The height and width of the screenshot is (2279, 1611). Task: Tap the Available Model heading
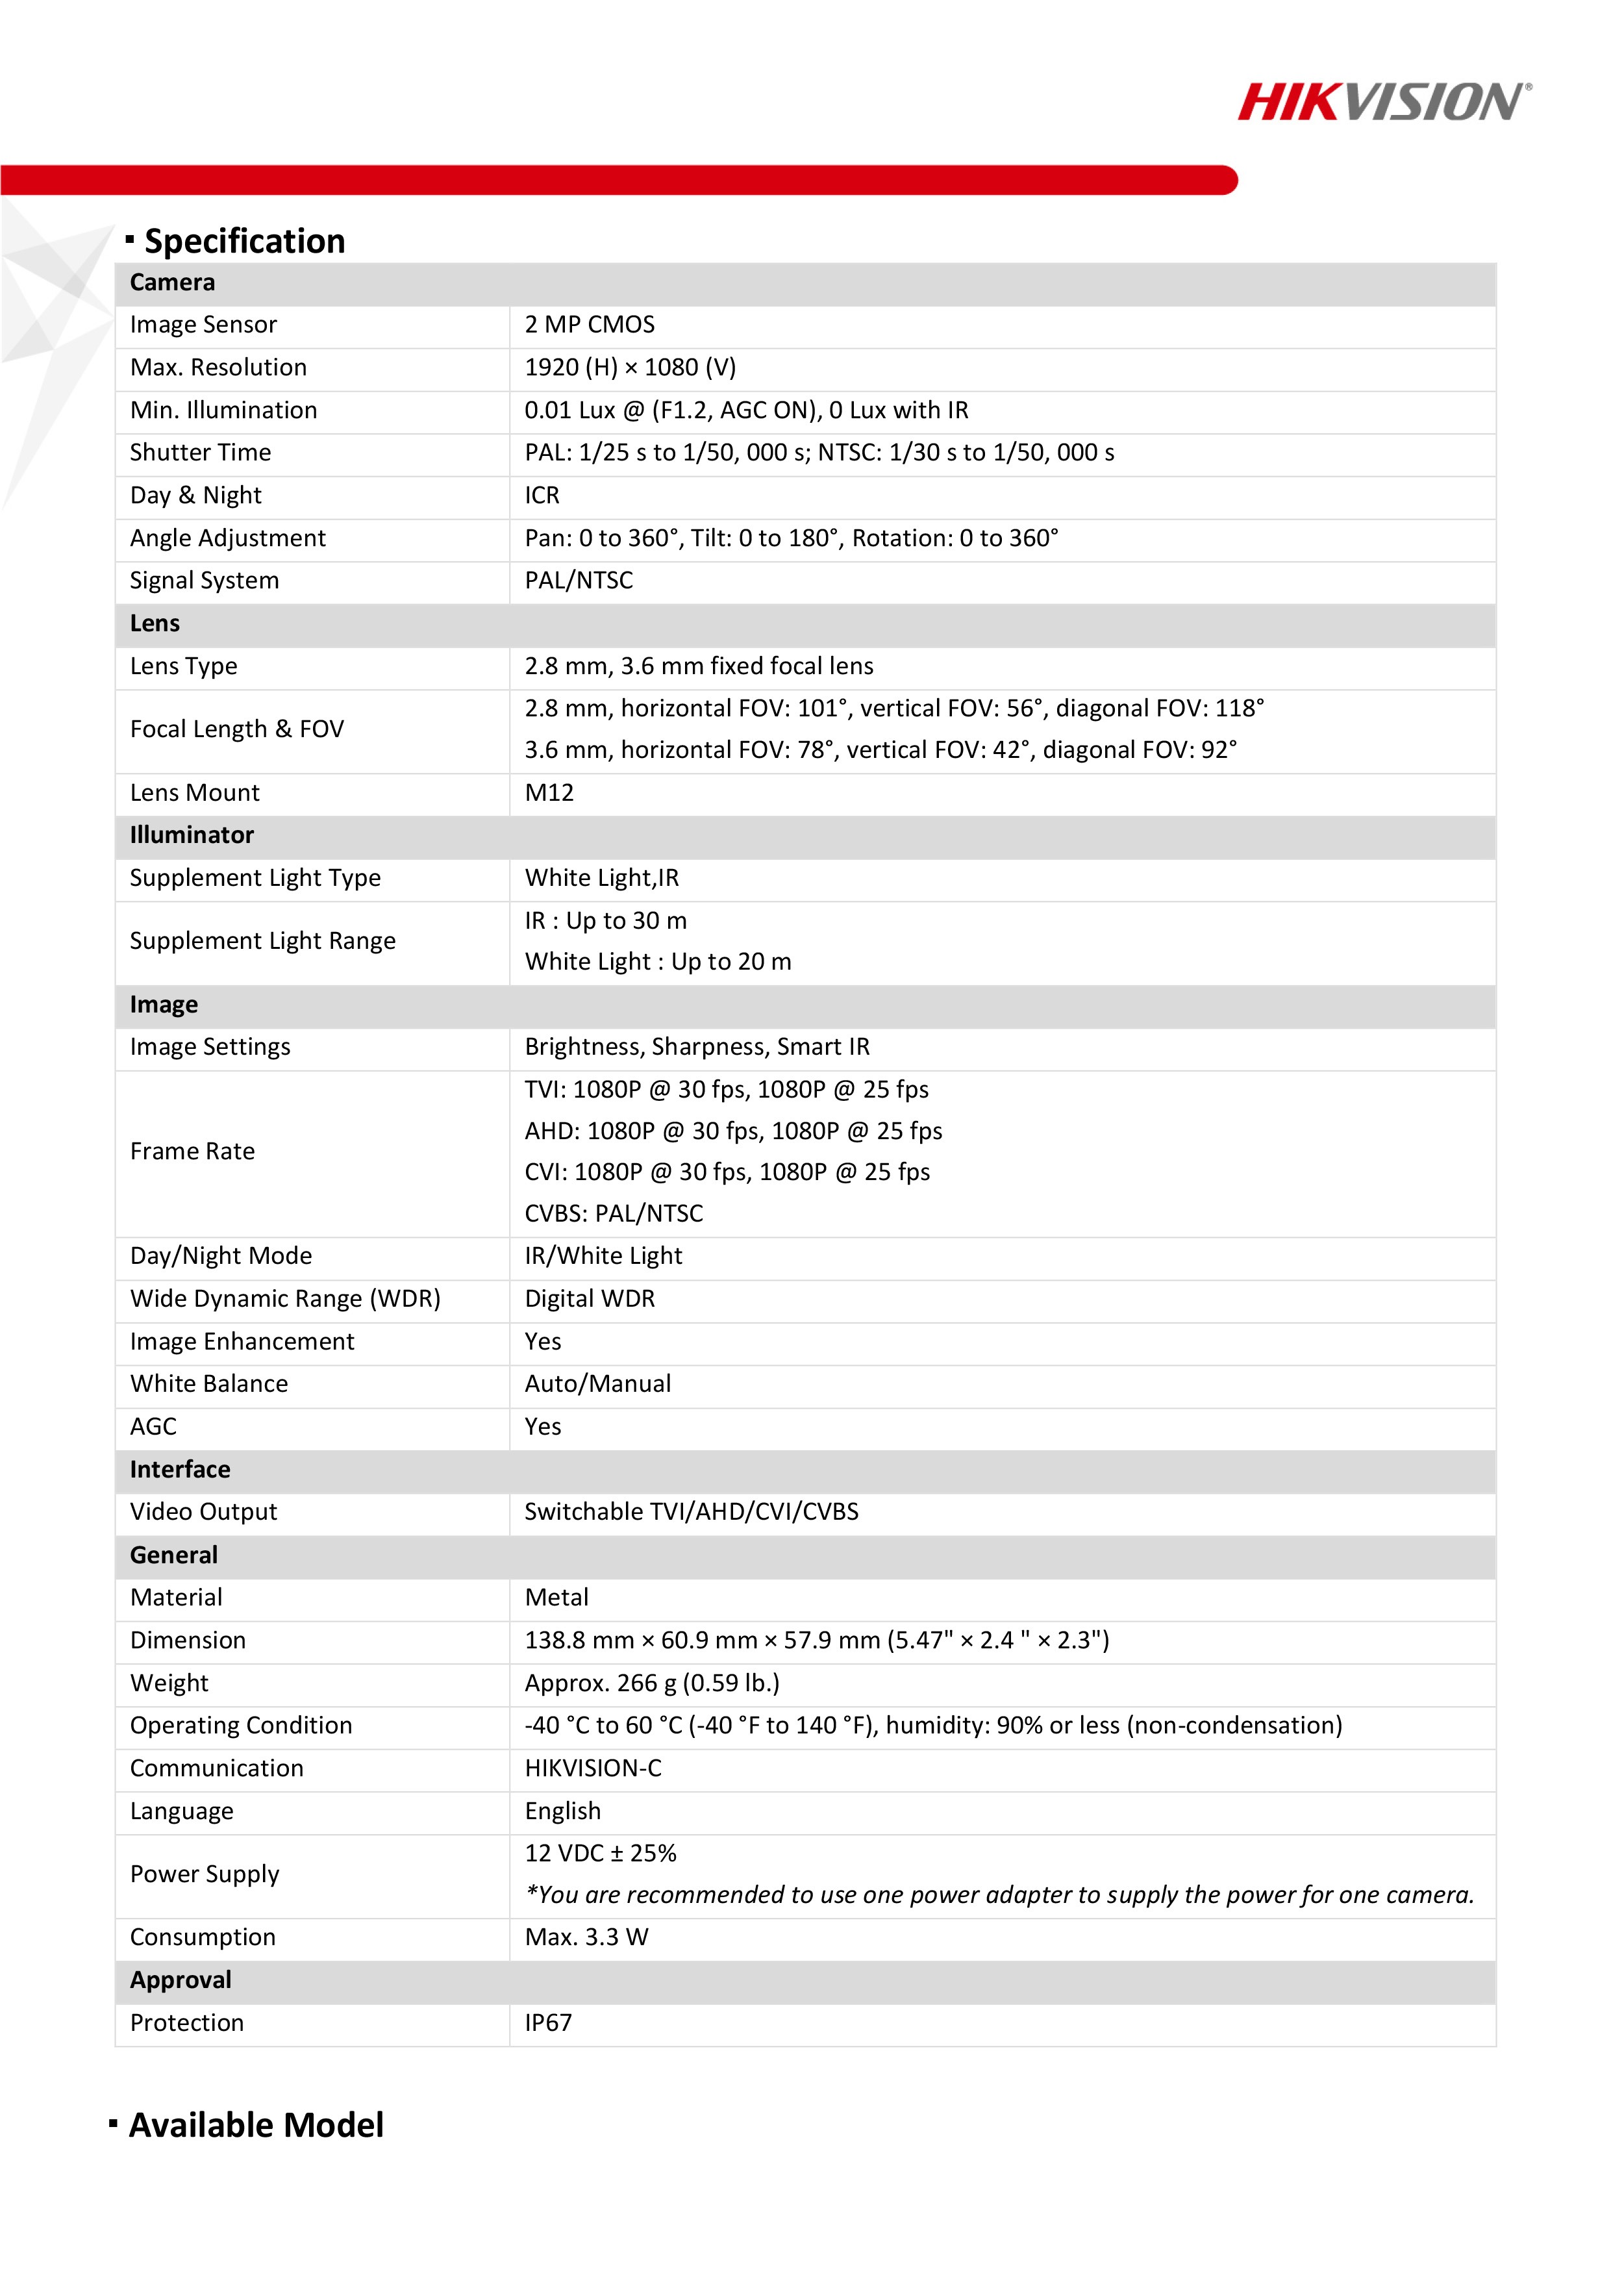(255, 2124)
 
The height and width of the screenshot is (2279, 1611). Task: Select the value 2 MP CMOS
(590, 325)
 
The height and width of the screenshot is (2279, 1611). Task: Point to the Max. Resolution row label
(218, 367)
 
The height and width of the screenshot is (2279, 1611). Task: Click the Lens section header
(155, 623)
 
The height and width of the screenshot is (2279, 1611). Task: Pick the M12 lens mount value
(549, 792)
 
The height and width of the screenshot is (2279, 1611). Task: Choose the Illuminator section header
(192, 835)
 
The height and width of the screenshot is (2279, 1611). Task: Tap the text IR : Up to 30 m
(605, 920)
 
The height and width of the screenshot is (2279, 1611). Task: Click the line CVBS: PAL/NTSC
(614, 1213)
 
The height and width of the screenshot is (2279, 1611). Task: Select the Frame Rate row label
(193, 1152)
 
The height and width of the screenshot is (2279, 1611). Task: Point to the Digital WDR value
(590, 1298)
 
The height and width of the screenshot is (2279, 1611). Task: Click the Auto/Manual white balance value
(597, 1383)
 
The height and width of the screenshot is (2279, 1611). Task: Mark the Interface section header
(180, 1469)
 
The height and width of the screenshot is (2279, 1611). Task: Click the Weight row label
(169, 1682)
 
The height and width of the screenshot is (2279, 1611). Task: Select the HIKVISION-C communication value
(593, 1768)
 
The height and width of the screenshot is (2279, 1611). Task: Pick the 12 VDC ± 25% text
(601, 1853)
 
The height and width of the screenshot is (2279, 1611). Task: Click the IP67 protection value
(548, 2023)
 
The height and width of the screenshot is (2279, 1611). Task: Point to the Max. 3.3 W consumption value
(586, 1937)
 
